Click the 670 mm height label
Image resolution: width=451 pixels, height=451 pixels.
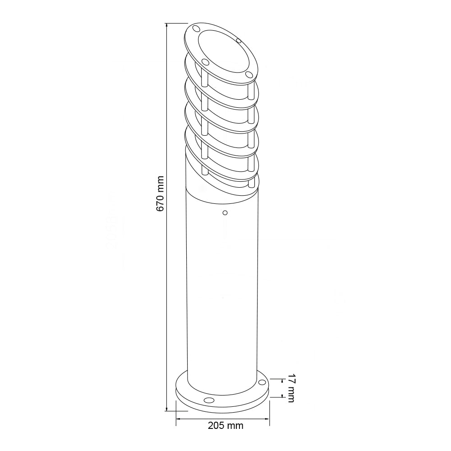(160, 193)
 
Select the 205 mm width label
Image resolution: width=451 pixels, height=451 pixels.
(225, 425)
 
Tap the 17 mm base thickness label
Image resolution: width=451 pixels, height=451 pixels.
(291, 388)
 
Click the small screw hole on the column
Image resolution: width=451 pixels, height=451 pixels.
(225, 213)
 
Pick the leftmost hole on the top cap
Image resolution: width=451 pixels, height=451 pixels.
(196, 28)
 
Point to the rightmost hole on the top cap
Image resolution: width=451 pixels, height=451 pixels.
(249, 74)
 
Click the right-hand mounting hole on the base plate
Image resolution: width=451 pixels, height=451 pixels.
(262, 382)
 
